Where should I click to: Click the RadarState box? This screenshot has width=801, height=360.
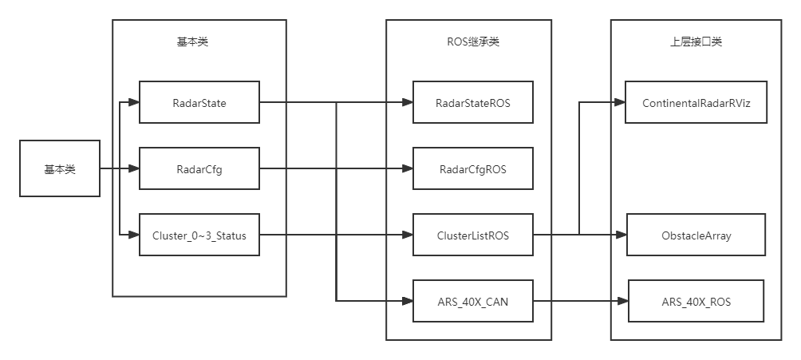[199, 102]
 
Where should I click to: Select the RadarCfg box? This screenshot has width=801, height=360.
[199, 168]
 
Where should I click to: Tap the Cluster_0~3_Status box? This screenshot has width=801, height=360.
[199, 235]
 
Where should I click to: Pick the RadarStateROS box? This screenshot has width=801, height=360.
[473, 102]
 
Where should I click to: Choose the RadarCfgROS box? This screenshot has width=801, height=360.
[473, 168]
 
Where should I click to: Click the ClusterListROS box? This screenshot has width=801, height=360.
[473, 235]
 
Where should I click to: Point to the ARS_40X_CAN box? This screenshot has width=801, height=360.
[473, 301]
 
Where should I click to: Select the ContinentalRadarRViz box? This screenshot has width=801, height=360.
[696, 102]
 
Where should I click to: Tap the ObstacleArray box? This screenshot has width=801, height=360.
[696, 235]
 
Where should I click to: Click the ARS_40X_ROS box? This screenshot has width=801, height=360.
[696, 301]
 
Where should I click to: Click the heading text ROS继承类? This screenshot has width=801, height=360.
[472, 42]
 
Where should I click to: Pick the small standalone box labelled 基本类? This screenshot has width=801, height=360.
[60, 168]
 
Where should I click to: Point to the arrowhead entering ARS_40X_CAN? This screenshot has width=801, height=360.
[408, 301]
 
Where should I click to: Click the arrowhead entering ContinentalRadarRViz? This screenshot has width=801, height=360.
[620, 102]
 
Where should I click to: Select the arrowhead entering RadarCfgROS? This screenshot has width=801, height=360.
[408, 168]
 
